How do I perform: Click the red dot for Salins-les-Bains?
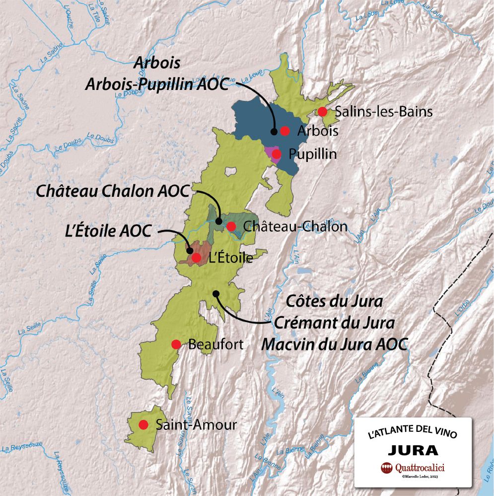pos(323,111)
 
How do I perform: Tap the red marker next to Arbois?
pos(285,131)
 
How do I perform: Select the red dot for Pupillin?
pos(277,154)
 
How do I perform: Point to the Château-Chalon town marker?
pos(231,227)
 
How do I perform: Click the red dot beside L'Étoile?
pos(196,257)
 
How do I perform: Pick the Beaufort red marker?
pos(176,344)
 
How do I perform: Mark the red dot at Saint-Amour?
pos(143,424)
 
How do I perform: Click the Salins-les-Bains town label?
pos(384,112)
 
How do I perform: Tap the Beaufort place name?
pos(216,344)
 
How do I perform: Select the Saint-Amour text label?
pos(196,425)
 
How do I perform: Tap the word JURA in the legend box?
pos(413,450)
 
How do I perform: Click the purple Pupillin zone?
pos(271,151)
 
